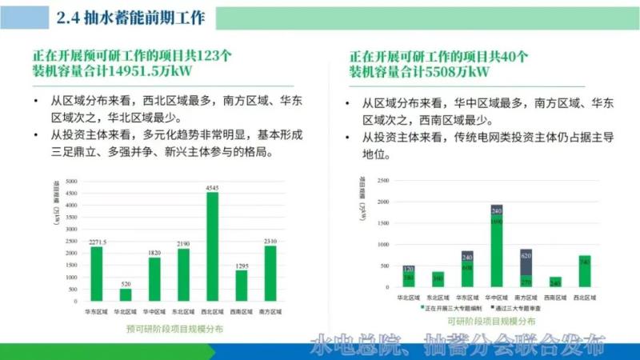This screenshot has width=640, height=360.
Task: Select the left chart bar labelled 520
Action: (126, 294)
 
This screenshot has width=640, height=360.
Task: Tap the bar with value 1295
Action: (241, 285)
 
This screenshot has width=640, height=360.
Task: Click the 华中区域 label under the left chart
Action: (154, 311)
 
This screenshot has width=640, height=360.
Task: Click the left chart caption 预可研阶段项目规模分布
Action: (174, 329)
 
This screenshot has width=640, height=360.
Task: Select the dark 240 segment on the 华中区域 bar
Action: (496, 211)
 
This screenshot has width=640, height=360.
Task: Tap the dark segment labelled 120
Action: (409, 269)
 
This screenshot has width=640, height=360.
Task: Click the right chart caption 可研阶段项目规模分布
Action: (491, 321)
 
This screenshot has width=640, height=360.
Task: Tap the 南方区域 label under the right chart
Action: (526, 298)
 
